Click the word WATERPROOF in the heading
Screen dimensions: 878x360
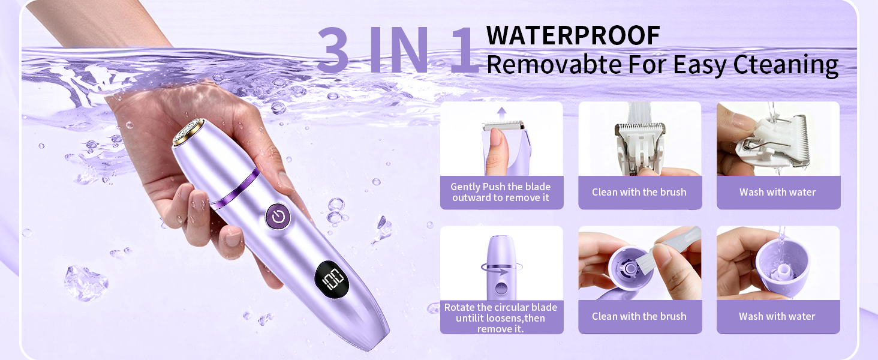573,35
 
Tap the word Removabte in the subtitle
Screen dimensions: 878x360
554,65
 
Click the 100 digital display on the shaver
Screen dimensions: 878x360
332,279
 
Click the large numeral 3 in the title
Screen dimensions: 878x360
333,50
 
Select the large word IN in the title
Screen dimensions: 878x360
399,50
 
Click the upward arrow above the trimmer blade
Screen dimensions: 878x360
502,113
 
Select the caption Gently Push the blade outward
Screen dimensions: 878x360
501,192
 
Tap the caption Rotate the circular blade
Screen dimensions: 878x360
501,317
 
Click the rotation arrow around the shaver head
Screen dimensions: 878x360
502,268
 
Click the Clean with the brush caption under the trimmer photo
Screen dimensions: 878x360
639,192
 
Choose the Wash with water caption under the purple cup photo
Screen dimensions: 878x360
777,316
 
